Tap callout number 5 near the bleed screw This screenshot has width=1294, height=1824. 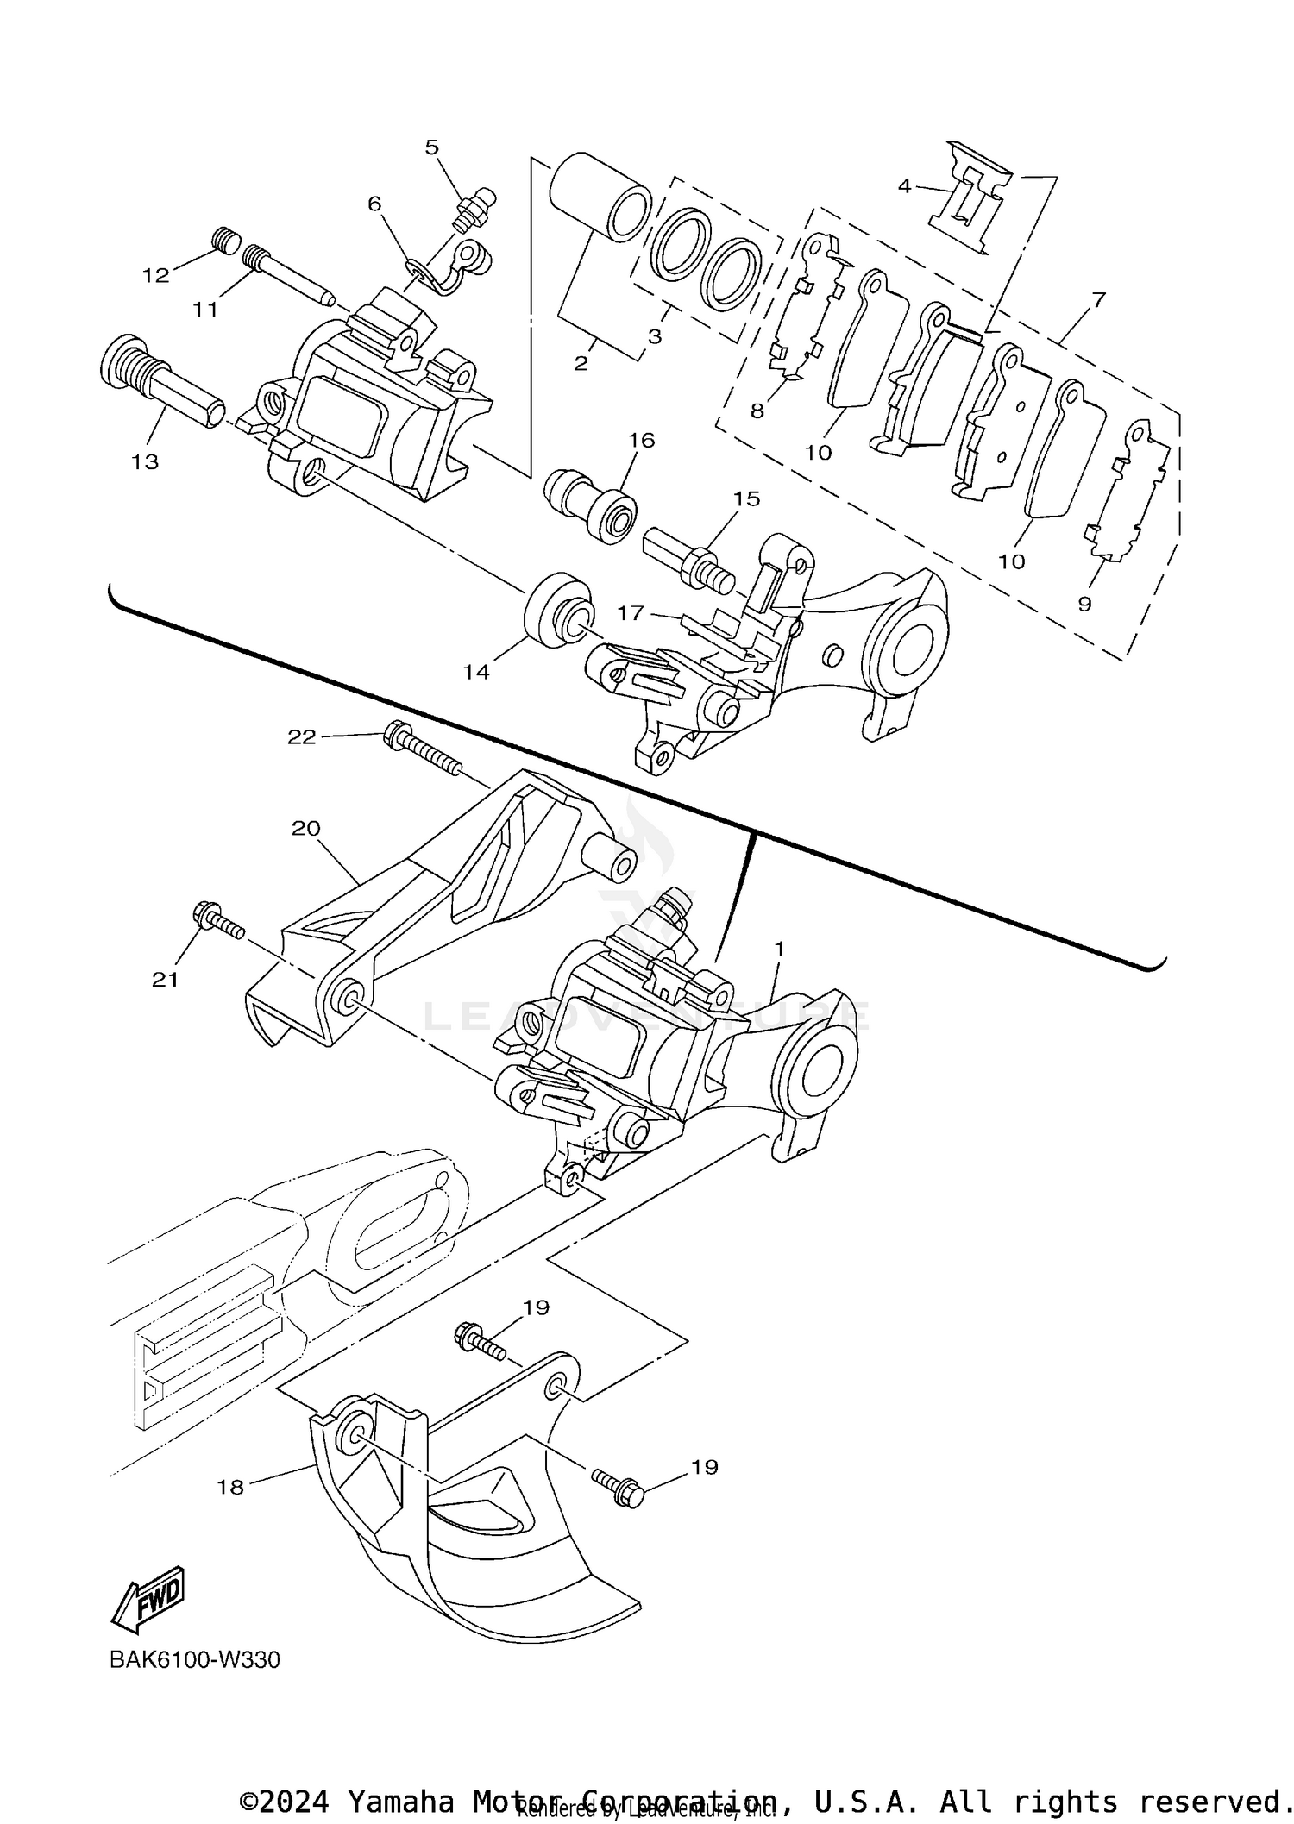(x=432, y=147)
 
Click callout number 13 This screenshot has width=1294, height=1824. (x=145, y=461)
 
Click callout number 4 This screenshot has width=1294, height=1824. (x=904, y=185)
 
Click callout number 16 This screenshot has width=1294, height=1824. (x=642, y=441)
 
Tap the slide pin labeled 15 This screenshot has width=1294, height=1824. (x=688, y=562)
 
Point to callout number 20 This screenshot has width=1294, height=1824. (x=306, y=828)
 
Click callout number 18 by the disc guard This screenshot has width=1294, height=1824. (x=231, y=1487)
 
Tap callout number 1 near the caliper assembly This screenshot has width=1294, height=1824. (x=779, y=949)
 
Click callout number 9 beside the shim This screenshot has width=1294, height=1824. (x=1084, y=605)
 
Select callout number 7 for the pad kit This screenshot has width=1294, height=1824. (x=1098, y=300)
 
